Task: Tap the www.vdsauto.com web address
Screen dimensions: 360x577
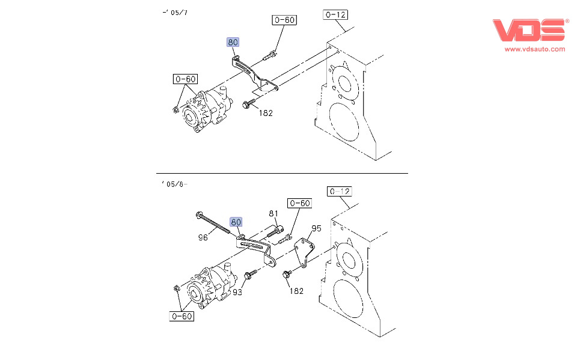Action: pos(534,49)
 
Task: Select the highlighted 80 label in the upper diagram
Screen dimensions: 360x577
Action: pos(233,42)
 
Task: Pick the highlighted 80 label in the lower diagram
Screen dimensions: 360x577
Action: pos(237,222)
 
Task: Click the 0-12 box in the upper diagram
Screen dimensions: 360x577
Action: pos(335,14)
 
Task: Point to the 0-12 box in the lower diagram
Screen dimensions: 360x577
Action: pos(340,192)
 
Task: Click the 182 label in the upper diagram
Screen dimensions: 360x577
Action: pos(266,112)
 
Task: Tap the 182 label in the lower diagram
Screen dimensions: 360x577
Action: pos(296,291)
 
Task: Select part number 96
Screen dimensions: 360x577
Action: pos(203,237)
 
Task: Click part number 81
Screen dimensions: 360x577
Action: pos(273,213)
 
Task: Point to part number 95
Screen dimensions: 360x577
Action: pos(316,228)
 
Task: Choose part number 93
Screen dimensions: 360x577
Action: pos(238,293)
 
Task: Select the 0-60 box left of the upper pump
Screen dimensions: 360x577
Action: pos(185,79)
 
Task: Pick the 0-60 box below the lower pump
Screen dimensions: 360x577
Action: pos(182,316)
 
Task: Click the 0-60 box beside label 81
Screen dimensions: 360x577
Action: pos(299,203)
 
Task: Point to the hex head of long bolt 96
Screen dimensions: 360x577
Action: pos(200,215)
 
